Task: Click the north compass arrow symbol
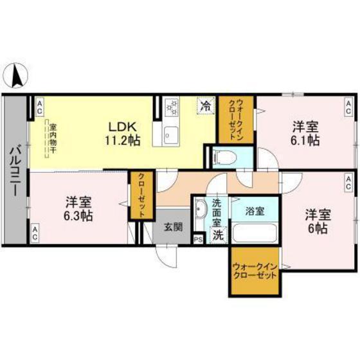18,77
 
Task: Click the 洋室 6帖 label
317,219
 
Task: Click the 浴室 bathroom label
256,210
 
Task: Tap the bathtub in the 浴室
255,232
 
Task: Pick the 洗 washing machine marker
218,235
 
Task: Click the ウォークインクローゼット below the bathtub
255,272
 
